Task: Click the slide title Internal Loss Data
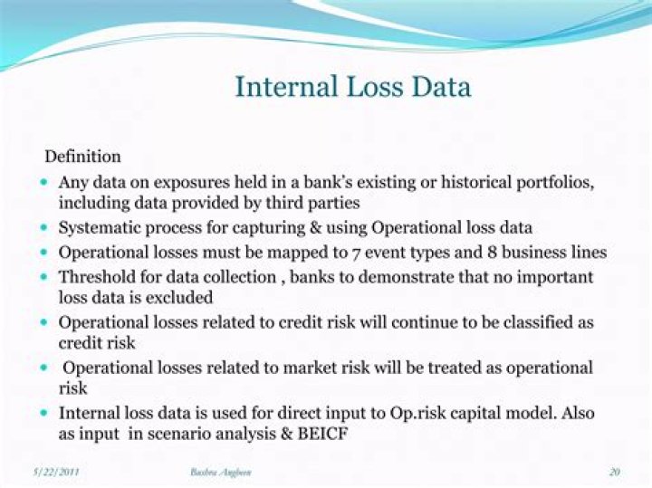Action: click(x=352, y=87)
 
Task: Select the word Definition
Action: click(x=82, y=157)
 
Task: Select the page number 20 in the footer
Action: click(x=614, y=473)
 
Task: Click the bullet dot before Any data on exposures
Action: click(x=45, y=182)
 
